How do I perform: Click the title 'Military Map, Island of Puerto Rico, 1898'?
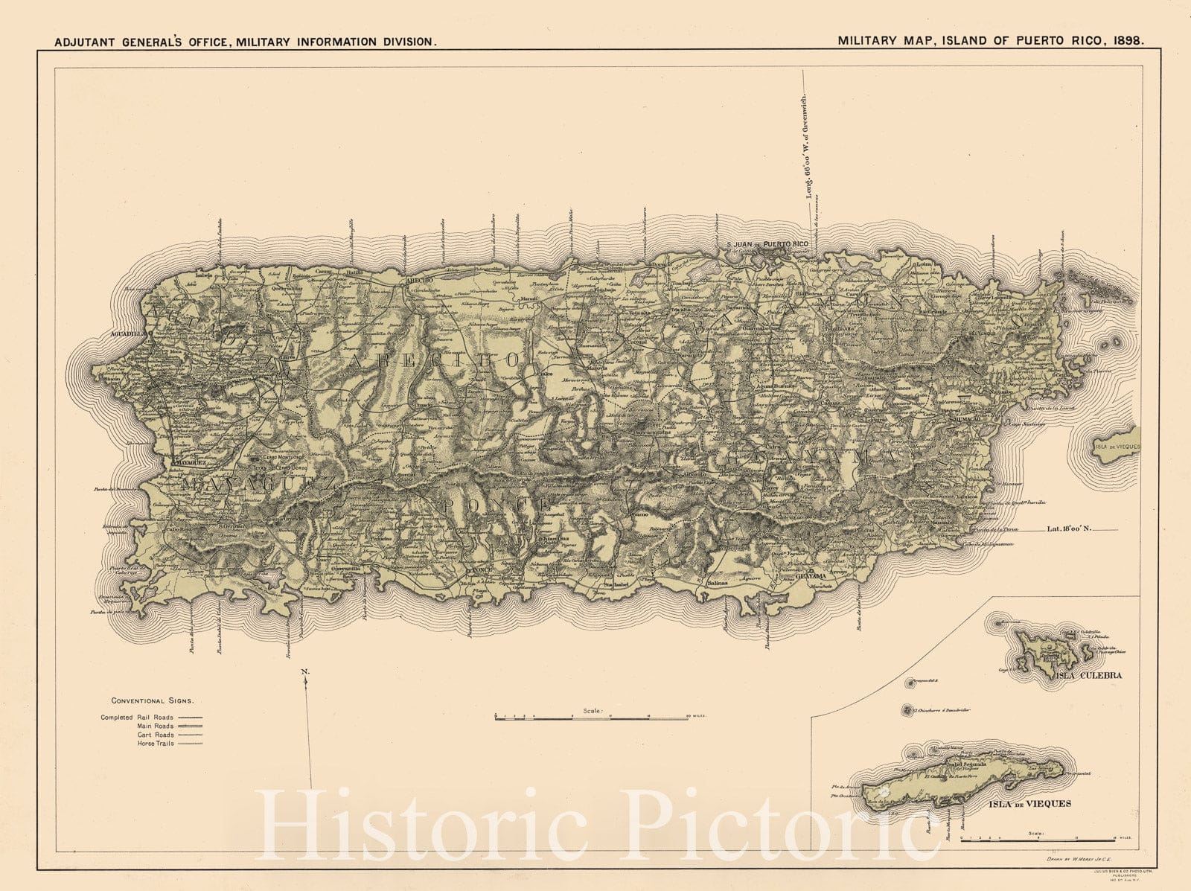coord(991,41)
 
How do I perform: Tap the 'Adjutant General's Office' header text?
coord(245,42)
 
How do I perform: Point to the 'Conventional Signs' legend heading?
coord(153,700)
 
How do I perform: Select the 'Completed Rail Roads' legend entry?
coord(138,718)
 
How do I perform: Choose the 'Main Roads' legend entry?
coord(156,726)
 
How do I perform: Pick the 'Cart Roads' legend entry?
coord(156,735)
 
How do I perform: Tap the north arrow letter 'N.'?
coord(305,672)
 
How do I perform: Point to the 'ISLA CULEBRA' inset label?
coord(1088,676)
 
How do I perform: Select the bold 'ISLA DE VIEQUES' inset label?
coord(1030,804)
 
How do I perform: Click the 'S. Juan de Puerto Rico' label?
coord(767,244)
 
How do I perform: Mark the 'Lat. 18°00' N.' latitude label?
coord(1069,529)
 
